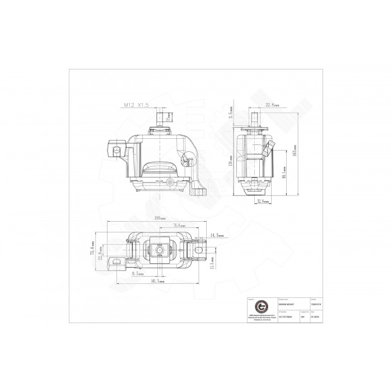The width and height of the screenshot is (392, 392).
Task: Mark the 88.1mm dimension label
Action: click(284, 174)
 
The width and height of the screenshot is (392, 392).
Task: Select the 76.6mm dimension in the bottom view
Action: click(179, 225)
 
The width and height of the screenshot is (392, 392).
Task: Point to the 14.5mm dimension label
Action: click(216, 236)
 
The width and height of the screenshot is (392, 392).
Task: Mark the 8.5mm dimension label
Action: click(137, 274)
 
